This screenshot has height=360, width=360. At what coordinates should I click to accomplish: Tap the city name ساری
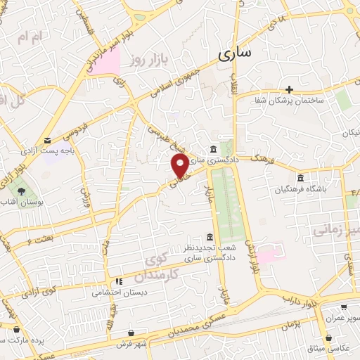point(236,53)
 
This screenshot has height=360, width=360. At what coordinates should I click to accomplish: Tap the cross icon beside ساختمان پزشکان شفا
point(289,89)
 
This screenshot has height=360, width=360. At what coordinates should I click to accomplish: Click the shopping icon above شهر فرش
point(132,333)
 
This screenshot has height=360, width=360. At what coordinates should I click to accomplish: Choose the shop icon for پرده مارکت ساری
point(15,328)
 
